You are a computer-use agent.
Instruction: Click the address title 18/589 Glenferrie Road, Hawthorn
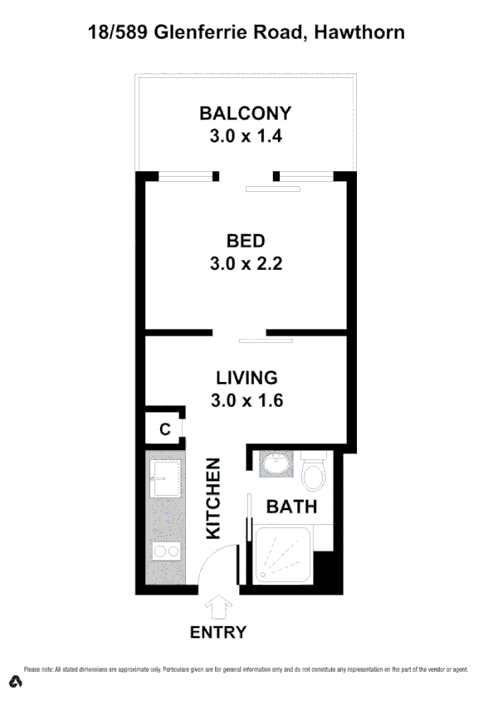tap(247, 33)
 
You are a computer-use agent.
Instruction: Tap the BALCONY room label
tap(246, 114)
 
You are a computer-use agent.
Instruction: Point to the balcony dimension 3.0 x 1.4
tap(246, 136)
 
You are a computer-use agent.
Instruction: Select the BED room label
tap(246, 241)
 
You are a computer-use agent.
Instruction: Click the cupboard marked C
tap(164, 429)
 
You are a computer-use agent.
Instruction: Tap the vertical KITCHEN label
tap(213, 497)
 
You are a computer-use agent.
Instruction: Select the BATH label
tap(290, 506)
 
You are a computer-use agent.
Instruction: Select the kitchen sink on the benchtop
tap(164, 474)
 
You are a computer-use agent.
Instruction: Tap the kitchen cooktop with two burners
tap(164, 550)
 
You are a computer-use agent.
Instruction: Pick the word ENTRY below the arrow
tap(218, 632)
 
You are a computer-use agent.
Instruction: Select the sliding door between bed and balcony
tap(273, 189)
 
